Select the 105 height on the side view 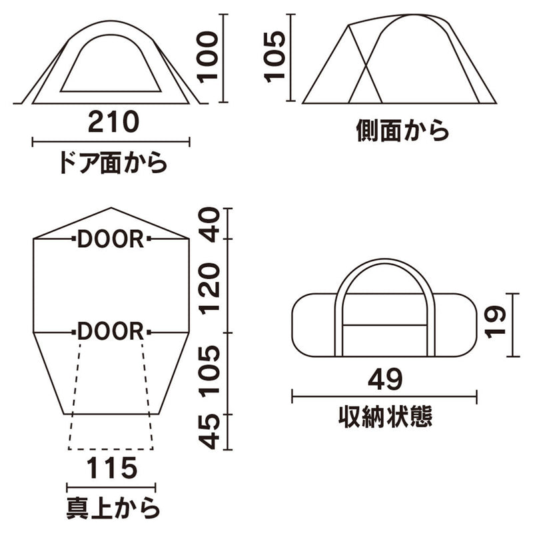coord(274,56)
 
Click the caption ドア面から coord(112,163)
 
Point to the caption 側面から coord(402,131)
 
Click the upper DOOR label coord(111,239)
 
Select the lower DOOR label coord(111,331)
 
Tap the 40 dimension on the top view coord(211,224)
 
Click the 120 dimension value coord(211,286)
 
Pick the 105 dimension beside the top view coord(211,372)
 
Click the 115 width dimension coord(111,468)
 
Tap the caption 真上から coord(111,507)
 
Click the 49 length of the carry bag coord(384,380)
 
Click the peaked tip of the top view coord(111,209)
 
